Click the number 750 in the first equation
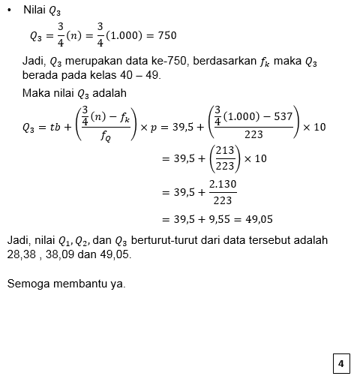166,35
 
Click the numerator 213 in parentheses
224,152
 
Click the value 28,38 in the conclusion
21,254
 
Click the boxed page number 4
341,364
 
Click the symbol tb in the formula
55,128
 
